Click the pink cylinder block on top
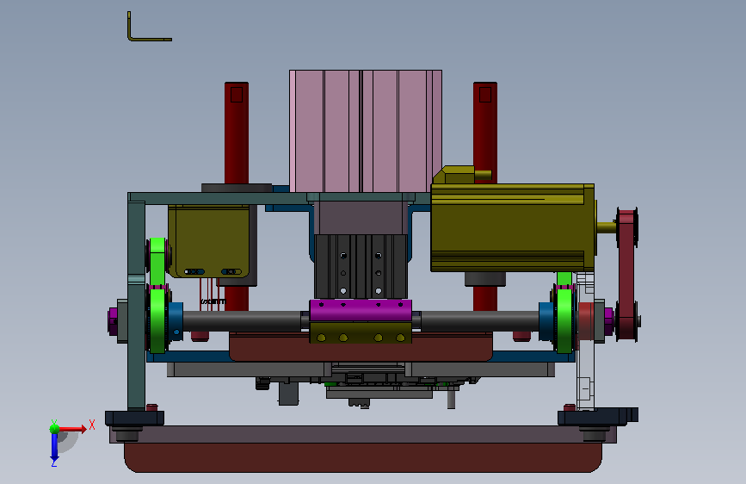366,131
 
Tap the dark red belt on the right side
626,275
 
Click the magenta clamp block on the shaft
361,310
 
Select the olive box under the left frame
209,241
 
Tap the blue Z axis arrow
53,448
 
